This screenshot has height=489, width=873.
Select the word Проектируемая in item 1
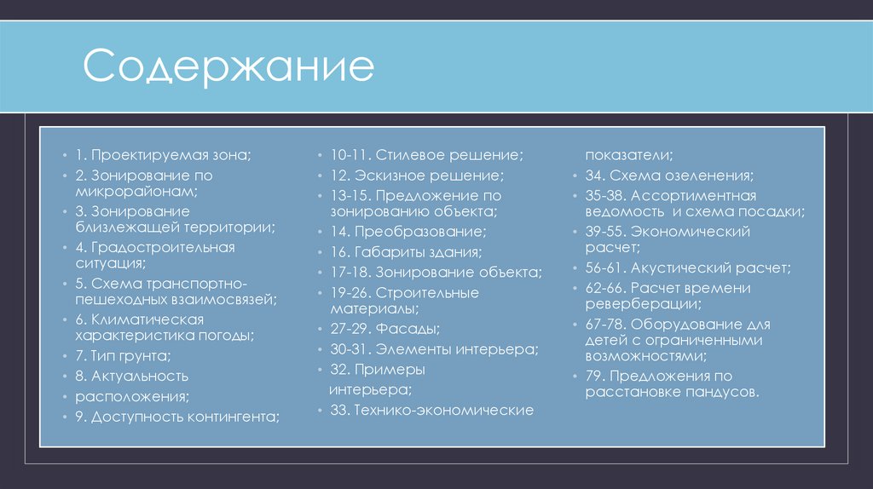(x=141, y=156)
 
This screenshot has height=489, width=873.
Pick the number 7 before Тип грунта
(x=78, y=355)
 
